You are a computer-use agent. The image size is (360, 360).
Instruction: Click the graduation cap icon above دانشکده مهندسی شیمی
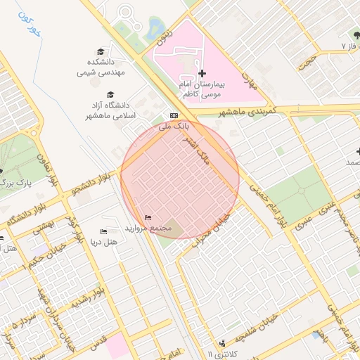click(x=101, y=52)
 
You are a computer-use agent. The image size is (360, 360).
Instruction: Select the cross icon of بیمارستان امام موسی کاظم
click(x=202, y=73)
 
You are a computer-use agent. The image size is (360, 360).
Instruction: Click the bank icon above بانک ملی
click(x=174, y=115)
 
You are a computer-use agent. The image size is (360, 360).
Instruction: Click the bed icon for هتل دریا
click(x=104, y=231)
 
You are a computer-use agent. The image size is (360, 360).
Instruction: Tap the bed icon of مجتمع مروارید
click(x=148, y=217)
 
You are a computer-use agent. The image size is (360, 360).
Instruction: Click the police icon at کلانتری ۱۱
click(x=223, y=343)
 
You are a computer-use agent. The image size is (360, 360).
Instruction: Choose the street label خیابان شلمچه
click(x=263, y=327)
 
